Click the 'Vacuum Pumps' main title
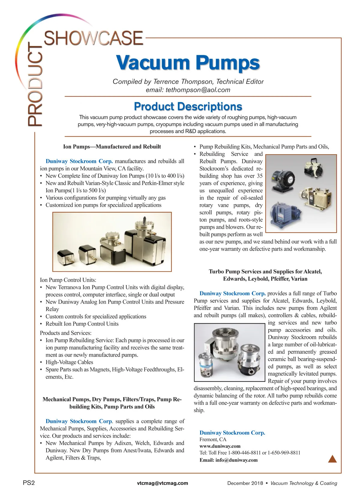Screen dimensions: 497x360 pyautogui.click(x=188, y=63)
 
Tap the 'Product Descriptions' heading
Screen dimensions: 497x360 pyautogui.click(x=188, y=106)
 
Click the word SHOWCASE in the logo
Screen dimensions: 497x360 pyautogui.click(x=93, y=38)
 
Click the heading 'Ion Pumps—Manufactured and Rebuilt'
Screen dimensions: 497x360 pyautogui.click(x=112, y=147)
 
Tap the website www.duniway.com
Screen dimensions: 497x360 pyautogui.click(x=220, y=446)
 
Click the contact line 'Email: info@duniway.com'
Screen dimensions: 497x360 pyautogui.click(x=228, y=460)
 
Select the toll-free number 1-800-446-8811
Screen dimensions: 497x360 pyautogui.click(x=244, y=453)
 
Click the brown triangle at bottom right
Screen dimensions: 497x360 pyautogui.click(x=332, y=459)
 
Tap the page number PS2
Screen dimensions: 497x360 pyautogui.click(x=29, y=483)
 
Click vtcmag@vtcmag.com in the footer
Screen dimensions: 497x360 pyautogui.click(x=162, y=483)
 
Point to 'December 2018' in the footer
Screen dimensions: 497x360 pyautogui.click(x=245, y=483)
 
